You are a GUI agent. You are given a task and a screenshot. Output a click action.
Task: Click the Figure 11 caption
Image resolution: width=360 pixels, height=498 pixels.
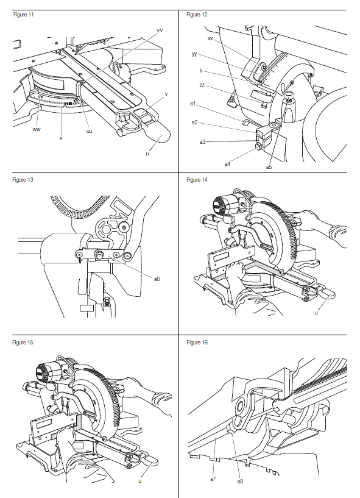[23, 14]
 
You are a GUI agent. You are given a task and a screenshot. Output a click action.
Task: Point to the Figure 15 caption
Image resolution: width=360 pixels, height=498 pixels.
[23, 343]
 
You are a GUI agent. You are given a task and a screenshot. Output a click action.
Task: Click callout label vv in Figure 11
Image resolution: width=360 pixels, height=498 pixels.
[160, 30]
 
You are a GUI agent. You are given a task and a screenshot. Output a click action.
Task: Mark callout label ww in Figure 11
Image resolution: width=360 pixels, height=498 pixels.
[37, 129]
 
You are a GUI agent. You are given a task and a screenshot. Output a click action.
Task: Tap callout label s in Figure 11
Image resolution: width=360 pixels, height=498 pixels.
[60, 138]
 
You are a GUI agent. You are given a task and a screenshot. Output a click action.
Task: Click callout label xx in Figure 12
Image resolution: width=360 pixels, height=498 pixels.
[210, 38]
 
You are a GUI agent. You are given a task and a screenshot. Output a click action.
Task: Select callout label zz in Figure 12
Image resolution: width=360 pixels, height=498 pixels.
[210, 87]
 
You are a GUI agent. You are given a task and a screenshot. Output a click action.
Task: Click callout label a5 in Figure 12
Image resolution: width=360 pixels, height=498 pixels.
[269, 166]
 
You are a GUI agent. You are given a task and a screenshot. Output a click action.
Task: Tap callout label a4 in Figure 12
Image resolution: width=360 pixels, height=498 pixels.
[227, 163]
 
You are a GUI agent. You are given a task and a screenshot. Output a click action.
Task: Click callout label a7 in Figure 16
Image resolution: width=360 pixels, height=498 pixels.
[213, 479]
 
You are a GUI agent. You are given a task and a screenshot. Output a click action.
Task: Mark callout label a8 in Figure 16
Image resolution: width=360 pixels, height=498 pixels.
[240, 482]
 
